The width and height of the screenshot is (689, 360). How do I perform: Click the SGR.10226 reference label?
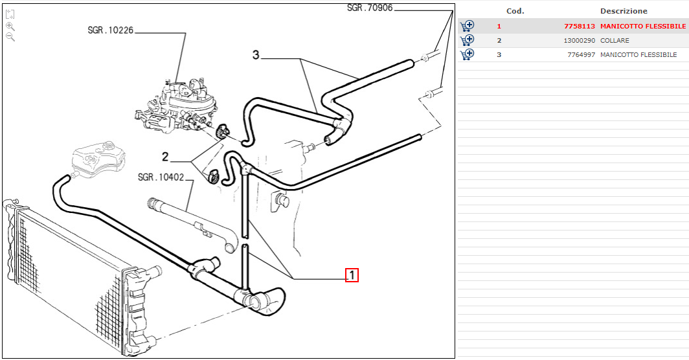click(110, 30)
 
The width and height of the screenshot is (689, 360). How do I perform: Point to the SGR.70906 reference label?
click(370, 8)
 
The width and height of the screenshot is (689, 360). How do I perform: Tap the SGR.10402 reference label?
click(161, 177)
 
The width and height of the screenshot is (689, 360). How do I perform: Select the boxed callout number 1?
click(352, 276)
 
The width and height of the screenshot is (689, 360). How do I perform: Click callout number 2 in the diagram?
click(165, 156)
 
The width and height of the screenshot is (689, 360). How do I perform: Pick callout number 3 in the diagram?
click(256, 56)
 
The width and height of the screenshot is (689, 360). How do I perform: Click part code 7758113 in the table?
click(580, 27)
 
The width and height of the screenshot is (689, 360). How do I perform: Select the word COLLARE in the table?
click(615, 41)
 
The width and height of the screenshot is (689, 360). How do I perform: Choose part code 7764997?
click(581, 55)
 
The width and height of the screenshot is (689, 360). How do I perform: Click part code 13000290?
click(579, 41)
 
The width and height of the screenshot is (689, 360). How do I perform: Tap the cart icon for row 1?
click(467, 27)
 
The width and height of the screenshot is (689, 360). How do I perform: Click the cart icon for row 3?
click(467, 54)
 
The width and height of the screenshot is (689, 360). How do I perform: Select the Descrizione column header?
click(624, 11)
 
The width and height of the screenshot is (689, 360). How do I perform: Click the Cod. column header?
click(515, 11)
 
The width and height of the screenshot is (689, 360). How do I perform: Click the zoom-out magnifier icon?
click(10, 37)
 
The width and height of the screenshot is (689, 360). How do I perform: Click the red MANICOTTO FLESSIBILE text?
click(642, 27)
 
